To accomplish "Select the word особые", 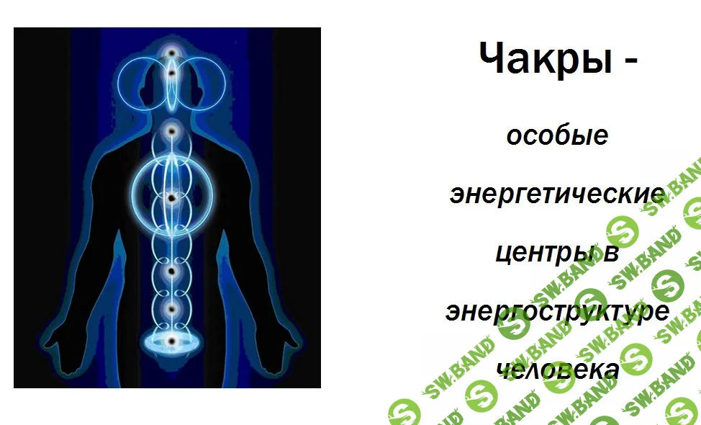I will [x=557, y=135].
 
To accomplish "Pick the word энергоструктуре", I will [x=557, y=313].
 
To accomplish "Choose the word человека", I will [x=557, y=370].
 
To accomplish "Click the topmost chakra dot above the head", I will [x=172, y=53].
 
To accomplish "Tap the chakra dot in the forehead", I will [x=172, y=73].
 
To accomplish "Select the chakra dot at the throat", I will [x=172, y=132].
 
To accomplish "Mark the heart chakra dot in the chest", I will [x=171, y=197].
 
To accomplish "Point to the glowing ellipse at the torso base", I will [x=171, y=341].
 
